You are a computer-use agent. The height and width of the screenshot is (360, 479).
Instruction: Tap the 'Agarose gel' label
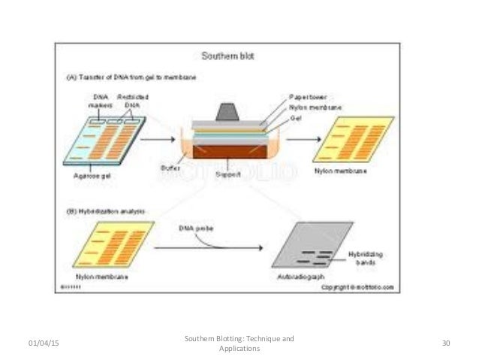(x=83, y=176)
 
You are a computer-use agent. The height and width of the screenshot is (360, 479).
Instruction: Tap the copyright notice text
(x=358, y=287)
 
